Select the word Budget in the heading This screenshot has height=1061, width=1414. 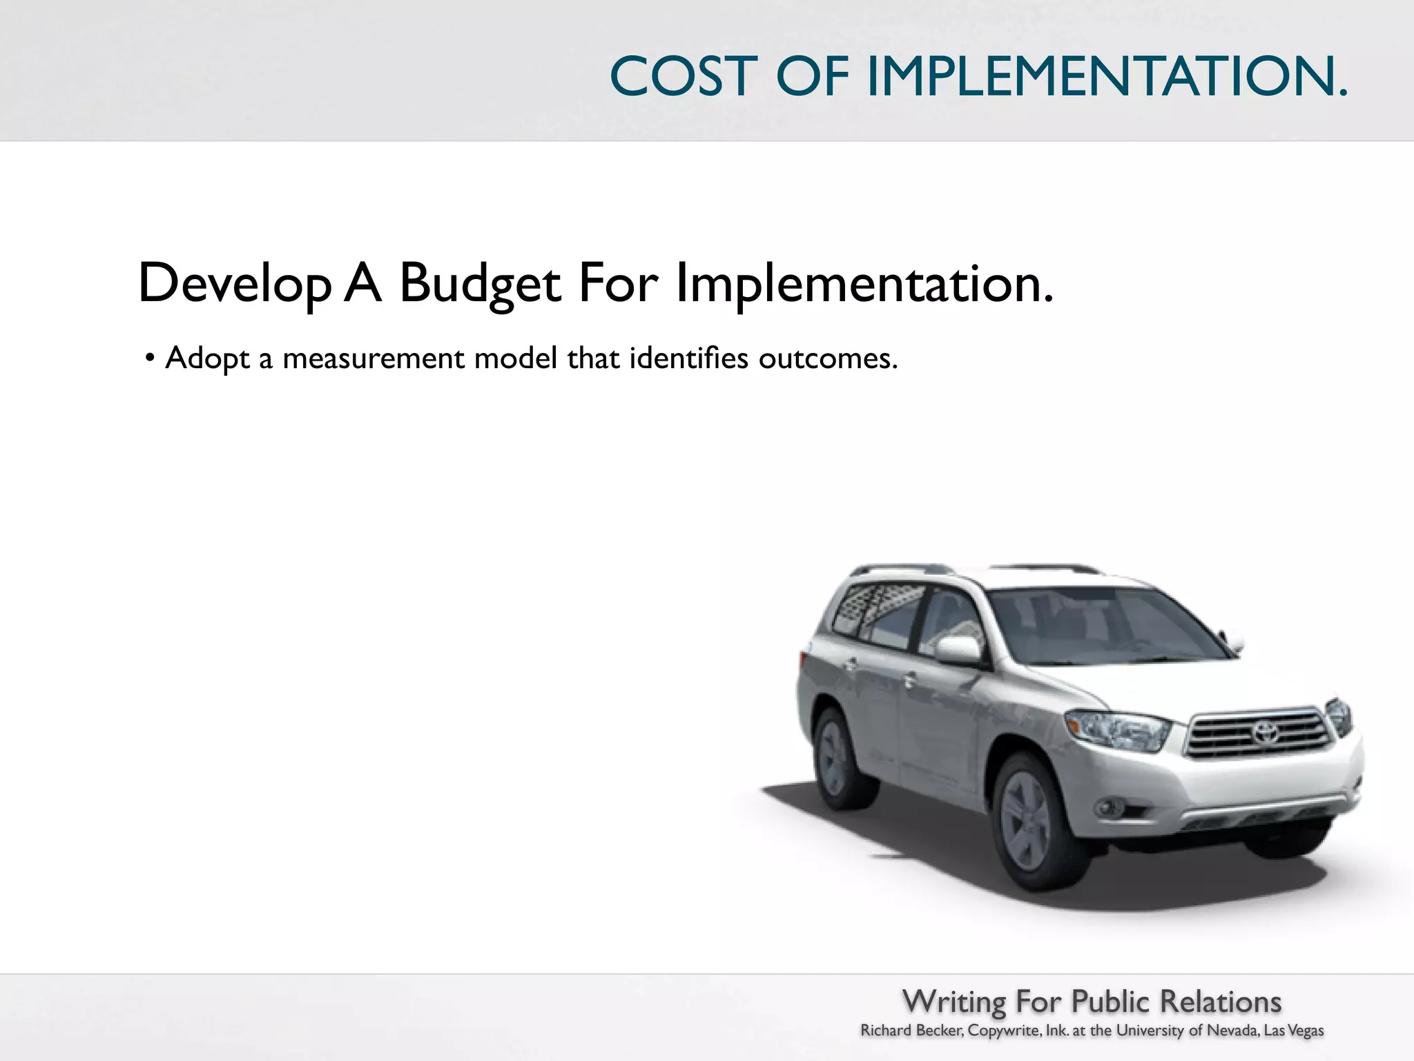click(480, 283)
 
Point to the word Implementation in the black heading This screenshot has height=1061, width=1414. click(863, 283)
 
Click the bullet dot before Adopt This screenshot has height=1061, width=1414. click(149, 359)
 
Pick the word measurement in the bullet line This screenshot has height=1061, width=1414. click(374, 359)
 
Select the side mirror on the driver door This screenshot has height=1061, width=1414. click(958, 649)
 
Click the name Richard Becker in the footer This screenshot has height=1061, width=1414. click(911, 1031)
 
